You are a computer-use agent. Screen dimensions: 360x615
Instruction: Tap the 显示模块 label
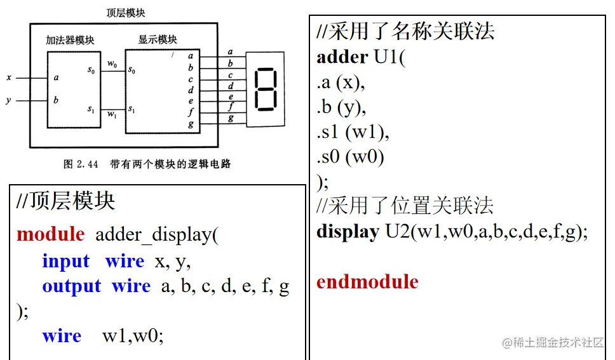tap(158, 40)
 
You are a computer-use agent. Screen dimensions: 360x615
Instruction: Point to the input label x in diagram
tap(8, 77)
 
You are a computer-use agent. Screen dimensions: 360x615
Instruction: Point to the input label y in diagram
tap(8, 100)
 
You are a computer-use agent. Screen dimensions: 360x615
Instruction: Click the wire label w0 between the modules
tap(112, 63)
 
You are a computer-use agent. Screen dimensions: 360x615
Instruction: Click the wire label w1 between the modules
tap(112, 114)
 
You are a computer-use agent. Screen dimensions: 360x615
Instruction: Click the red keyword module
tap(50, 234)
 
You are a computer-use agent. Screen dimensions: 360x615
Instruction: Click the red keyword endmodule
tap(367, 282)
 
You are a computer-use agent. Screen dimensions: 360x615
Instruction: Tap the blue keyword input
tap(66, 261)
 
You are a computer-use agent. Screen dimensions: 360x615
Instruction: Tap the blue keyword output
tap(71, 286)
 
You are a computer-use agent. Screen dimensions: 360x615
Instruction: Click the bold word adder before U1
tap(342, 57)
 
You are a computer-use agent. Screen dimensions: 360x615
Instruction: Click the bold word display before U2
tap(348, 232)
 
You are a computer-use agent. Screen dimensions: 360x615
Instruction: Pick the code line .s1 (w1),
tap(353, 132)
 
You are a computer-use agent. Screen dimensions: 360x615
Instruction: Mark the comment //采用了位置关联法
tap(405, 206)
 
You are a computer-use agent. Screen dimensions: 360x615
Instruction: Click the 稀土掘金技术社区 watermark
tap(553, 342)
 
